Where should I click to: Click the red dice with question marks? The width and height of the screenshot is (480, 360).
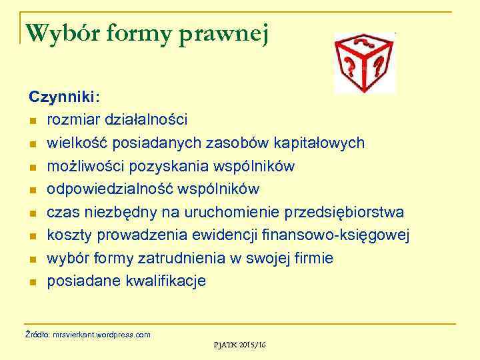(x=364, y=63)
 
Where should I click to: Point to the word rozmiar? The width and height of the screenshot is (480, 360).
(x=71, y=119)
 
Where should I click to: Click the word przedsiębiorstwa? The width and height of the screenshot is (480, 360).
(x=344, y=212)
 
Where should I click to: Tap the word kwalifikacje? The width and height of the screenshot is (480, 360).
(x=166, y=281)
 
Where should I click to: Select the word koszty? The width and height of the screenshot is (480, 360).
(x=69, y=235)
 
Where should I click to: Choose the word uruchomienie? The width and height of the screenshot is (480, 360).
(x=236, y=212)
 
